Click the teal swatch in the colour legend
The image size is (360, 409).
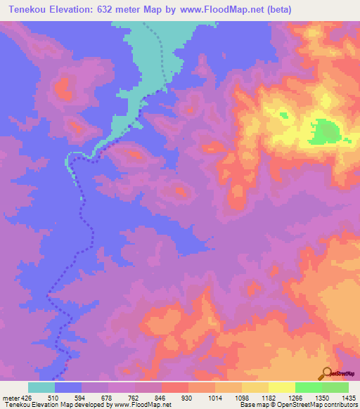[41, 387]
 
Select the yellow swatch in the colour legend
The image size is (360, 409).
[281, 387]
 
